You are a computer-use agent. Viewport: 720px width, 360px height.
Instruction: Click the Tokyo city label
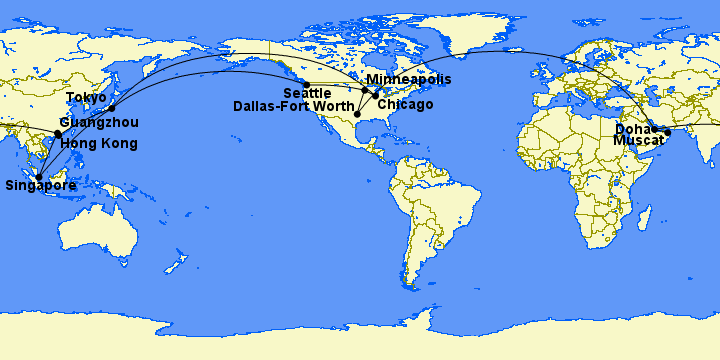[x=86, y=97]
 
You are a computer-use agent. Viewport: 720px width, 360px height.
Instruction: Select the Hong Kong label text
[x=99, y=143]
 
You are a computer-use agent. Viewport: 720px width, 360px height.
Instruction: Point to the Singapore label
[x=41, y=185]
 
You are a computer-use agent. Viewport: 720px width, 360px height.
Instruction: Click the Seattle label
[x=307, y=93]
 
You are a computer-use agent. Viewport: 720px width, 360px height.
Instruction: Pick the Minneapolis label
[x=408, y=79]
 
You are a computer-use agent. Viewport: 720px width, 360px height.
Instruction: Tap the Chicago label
[x=405, y=104]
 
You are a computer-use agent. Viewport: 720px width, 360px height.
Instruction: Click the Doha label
[x=632, y=129]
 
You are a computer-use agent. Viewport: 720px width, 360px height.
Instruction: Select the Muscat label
[x=638, y=141]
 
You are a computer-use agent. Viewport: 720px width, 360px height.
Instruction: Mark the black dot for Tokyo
[x=112, y=108]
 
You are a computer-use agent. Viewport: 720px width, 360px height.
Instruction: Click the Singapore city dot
[x=40, y=177]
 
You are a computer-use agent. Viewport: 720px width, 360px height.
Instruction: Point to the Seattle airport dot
[x=306, y=84]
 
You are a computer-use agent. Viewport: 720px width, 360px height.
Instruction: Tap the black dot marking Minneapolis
[x=365, y=90]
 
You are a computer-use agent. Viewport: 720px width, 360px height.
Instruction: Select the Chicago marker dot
[x=376, y=96]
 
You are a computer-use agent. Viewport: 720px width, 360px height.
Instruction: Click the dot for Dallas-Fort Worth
[x=357, y=115]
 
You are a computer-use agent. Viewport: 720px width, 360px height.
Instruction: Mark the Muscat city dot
[x=668, y=132]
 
